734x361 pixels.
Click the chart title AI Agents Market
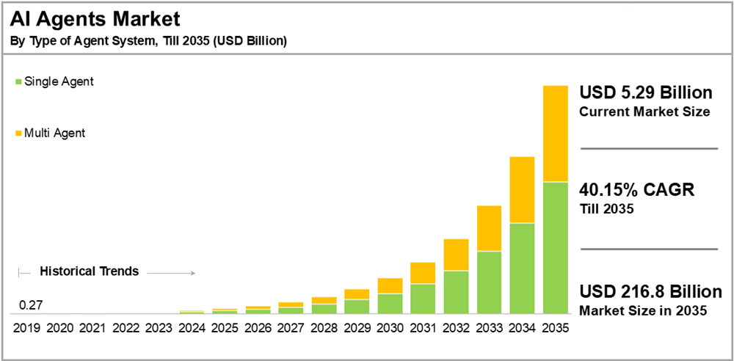[x=95, y=18]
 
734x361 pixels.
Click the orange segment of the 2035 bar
[x=555, y=133]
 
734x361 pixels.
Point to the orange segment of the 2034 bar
[x=521, y=189]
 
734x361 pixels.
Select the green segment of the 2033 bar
[x=488, y=282]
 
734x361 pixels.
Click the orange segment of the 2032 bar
[x=455, y=255]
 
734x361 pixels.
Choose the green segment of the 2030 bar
[x=390, y=303]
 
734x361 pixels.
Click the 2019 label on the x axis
[x=26, y=327]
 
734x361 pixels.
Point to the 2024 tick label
[x=192, y=327]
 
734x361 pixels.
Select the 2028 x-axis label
[x=324, y=327]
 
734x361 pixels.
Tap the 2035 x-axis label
[x=555, y=327]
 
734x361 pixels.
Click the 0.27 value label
[x=31, y=305]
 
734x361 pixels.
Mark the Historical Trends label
[x=89, y=271]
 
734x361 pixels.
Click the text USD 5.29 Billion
[x=646, y=93]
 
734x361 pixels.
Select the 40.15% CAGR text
[x=636, y=190]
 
